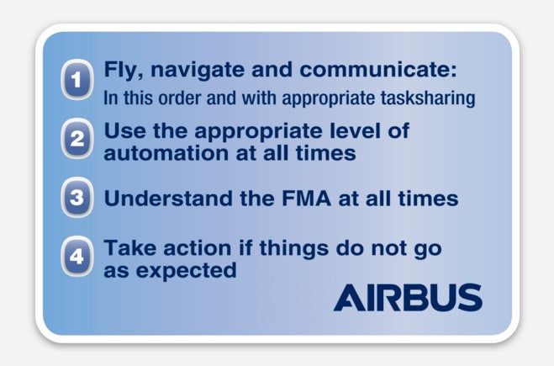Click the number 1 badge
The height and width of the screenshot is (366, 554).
click(x=77, y=82)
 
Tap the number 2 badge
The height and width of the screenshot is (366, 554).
click(x=77, y=140)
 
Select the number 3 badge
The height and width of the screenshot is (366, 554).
click(x=77, y=199)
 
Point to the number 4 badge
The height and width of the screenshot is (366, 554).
click(x=77, y=257)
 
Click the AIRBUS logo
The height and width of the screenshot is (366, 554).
click(x=408, y=298)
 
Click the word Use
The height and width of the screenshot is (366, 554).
click(x=122, y=131)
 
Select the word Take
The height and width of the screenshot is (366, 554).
click(x=126, y=249)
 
